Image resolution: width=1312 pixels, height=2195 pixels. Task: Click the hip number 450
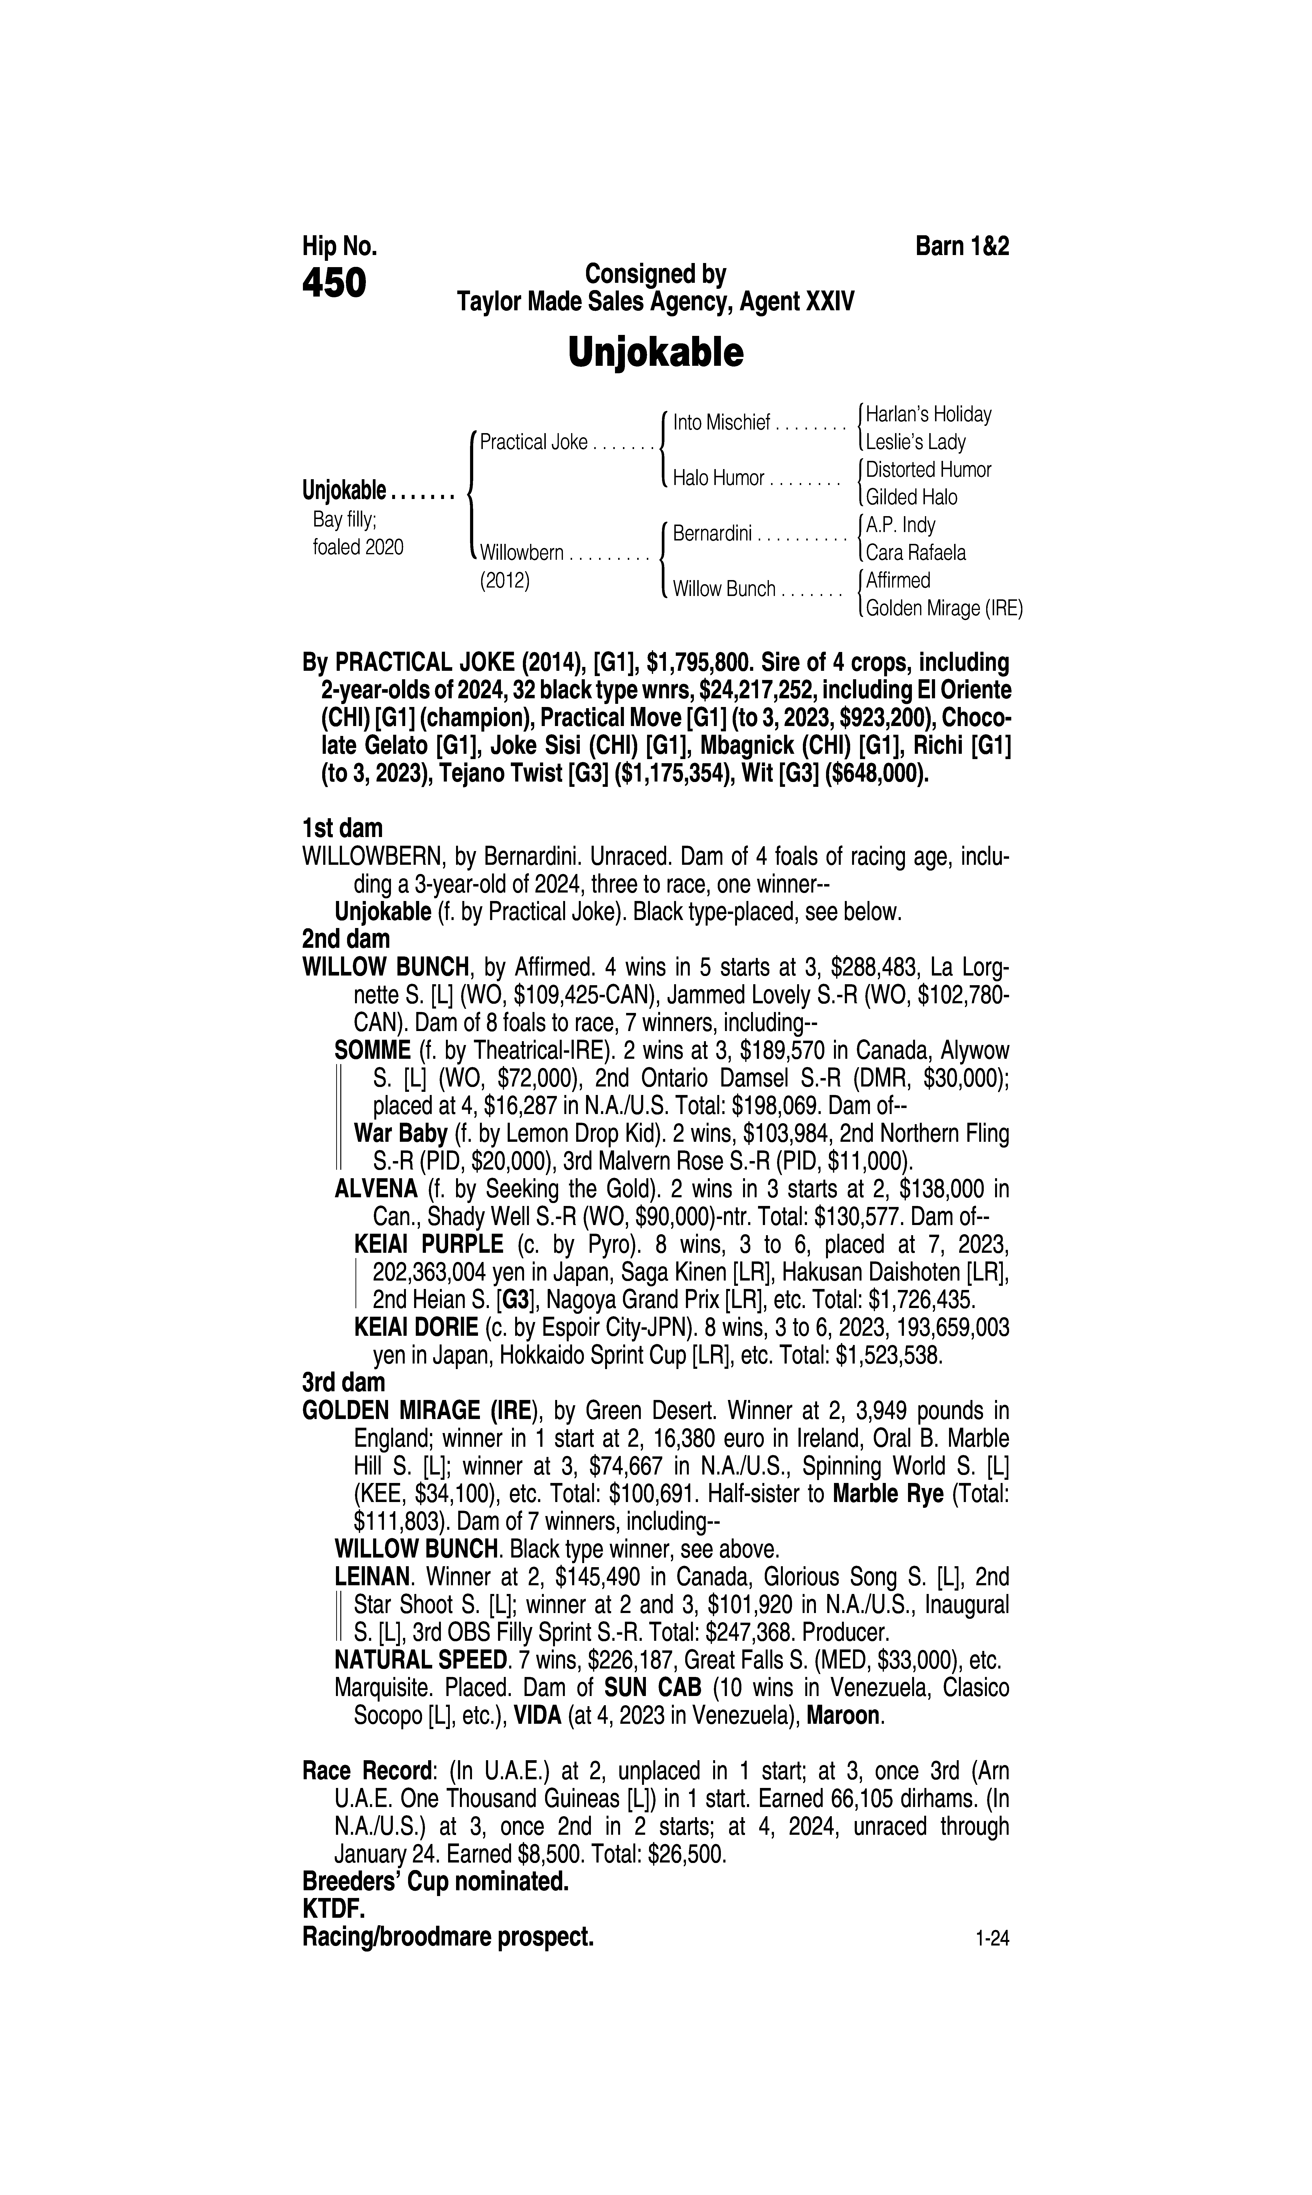point(334,284)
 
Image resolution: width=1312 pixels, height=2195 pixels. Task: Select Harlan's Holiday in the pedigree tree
point(928,414)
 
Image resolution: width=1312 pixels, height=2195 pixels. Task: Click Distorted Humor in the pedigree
point(928,470)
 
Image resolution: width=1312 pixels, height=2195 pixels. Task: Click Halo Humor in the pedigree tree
point(718,478)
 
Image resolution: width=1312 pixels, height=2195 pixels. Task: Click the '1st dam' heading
point(342,829)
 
